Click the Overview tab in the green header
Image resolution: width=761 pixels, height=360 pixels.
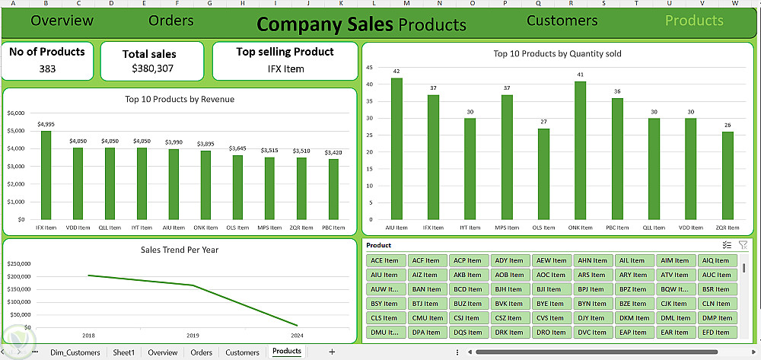[62, 21]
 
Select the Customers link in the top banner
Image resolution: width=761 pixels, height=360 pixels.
[562, 21]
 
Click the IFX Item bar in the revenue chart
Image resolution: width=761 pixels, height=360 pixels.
[46, 175]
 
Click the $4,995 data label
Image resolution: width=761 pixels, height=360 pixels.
[46, 124]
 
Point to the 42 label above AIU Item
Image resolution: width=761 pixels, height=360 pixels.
[396, 72]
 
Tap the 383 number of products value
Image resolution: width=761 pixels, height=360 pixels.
[46, 68]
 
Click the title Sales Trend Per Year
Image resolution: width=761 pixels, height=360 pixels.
[180, 249]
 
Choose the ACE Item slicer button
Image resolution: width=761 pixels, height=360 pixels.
[385, 260]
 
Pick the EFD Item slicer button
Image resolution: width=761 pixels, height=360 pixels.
[716, 333]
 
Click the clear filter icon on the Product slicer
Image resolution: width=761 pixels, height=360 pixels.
[743, 245]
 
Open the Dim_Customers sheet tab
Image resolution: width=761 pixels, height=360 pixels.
[75, 352]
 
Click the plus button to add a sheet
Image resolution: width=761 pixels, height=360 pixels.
[332, 352]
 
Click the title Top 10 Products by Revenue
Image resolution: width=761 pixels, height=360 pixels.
[180, 99]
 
